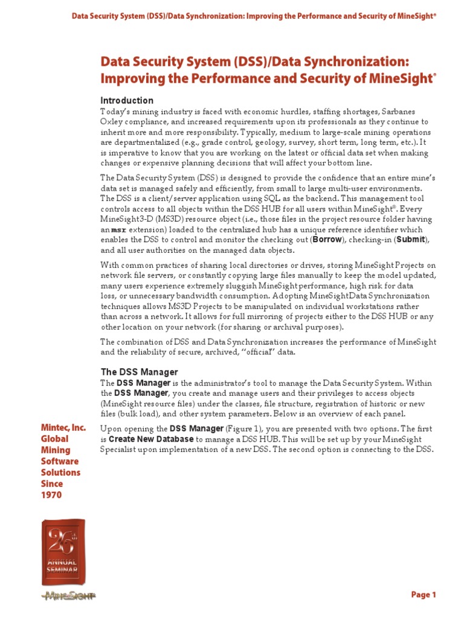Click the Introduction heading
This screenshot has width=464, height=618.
pos(126,100)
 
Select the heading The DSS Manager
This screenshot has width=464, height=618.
pos(139,372)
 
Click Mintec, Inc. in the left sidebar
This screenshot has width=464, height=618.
pos(63,428)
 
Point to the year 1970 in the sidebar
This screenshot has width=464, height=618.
pos(51,495)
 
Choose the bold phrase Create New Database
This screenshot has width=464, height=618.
pos(151,439)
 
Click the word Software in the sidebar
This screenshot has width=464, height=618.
pos(60,461)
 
